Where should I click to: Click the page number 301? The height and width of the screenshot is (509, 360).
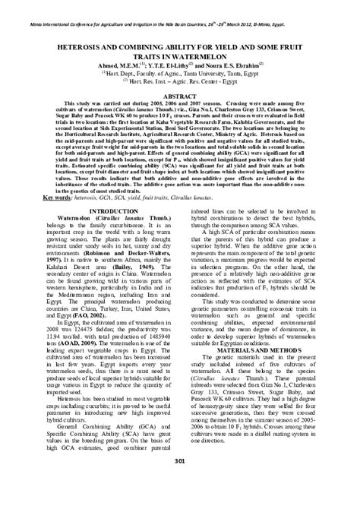[180, 483]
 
